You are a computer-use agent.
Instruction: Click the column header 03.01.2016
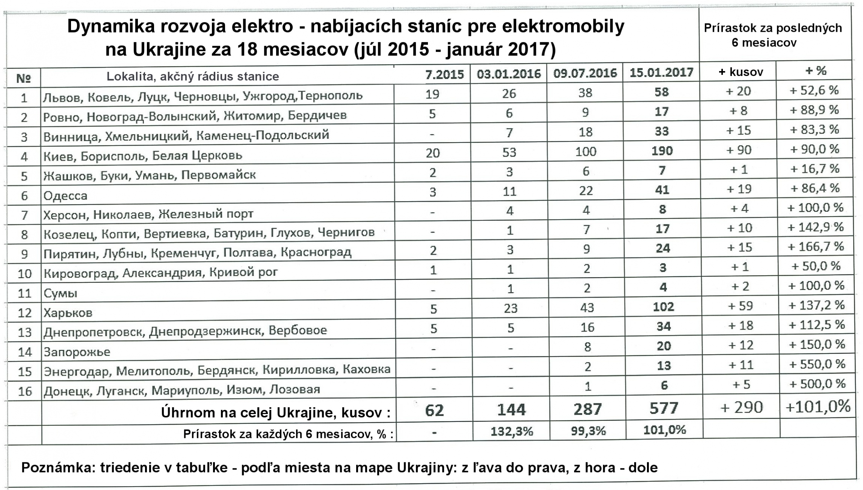click(508, 73)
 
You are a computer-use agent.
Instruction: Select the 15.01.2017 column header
click(661, 72)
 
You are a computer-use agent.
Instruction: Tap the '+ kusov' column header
click(741, 72)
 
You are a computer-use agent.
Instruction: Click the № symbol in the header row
click(24, 78)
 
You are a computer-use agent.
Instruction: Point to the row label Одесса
click(65, 195)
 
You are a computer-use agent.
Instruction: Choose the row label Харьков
click(68, 313)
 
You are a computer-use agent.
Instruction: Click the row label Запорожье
click(77, 352)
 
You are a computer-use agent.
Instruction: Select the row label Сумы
click(60, 293)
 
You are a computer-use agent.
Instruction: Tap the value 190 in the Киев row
click(662, 151)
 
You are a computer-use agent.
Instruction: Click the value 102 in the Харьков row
click(663, 306)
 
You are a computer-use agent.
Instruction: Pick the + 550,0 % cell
click(817, 364)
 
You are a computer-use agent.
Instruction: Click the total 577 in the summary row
click(664, 408)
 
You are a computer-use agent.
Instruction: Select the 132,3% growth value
click(511, 431)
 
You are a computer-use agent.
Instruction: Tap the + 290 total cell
click(742, 407)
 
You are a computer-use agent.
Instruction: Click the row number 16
click(25, 391)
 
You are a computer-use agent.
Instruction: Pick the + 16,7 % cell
click(815, 169)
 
